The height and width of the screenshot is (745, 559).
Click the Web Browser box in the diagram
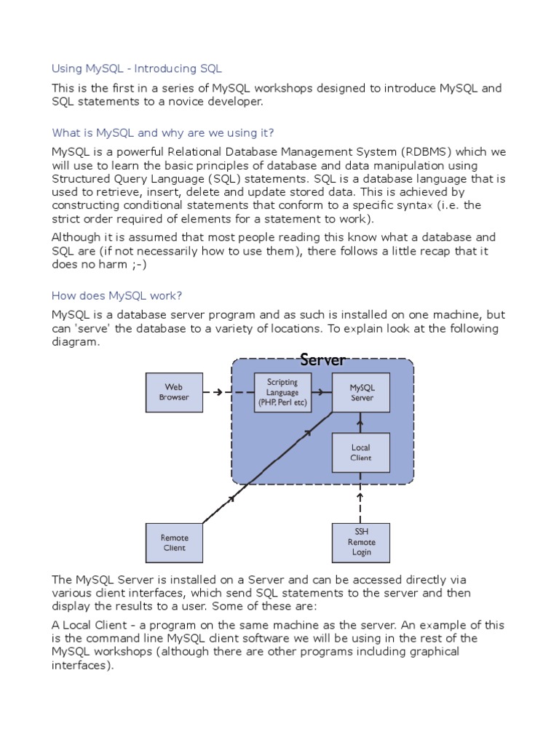point(174,392)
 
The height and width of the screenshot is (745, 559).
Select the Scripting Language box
point(282,392)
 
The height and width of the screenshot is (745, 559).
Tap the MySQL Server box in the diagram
point(361,392)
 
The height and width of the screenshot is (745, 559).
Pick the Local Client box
point(361,453)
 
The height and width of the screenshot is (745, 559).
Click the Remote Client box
point(174,543)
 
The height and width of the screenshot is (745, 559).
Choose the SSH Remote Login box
point(361,543)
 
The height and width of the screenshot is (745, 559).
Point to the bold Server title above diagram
point(322,360)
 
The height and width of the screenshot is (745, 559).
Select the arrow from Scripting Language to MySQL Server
point(322,393)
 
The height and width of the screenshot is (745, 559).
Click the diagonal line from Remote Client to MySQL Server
point(269,466)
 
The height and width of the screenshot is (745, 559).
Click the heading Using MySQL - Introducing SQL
point(137,69)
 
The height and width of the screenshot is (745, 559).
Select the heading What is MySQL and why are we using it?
point(163,133)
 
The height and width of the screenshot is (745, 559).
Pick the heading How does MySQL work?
point(116,296)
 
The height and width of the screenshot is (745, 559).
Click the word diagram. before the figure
point(75,341)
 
